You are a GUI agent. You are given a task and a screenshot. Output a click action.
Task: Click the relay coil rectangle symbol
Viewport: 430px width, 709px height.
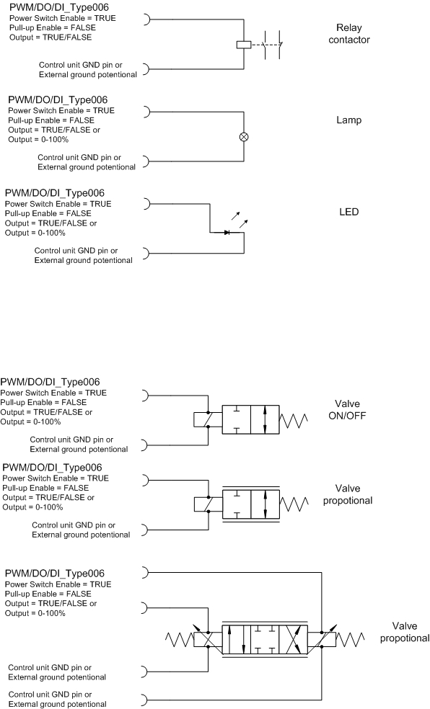[x=244, y=45]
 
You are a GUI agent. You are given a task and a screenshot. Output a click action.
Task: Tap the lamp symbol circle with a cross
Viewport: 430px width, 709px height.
[x=244, y=137]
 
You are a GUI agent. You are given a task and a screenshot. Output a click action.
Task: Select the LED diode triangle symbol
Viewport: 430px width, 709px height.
[x=227, y=233]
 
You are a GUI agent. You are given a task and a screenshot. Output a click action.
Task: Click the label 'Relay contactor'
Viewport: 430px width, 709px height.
[x=349, y=34]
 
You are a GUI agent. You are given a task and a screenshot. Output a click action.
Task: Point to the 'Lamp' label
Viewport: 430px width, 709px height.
[x=349, y=120]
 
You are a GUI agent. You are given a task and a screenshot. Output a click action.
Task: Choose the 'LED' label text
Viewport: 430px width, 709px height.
[x=349, y=212]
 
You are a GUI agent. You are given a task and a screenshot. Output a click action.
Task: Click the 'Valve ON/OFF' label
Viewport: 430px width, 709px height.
[x=347, y=410]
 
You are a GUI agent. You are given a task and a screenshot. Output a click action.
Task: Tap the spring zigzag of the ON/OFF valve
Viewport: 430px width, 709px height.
[x=294, y=420]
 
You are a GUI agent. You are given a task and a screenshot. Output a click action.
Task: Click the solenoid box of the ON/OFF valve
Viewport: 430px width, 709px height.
[x=207, y=419]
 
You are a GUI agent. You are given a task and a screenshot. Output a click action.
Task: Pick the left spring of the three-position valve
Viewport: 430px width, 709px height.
[x=179, y=639]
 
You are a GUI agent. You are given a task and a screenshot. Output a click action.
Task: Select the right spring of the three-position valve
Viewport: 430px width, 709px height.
[x=350, y=639]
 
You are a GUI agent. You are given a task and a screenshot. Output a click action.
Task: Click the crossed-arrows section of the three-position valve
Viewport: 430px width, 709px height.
[x=294, y=639]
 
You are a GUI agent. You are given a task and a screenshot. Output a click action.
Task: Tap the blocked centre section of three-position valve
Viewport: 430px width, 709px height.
[x=265, y=639]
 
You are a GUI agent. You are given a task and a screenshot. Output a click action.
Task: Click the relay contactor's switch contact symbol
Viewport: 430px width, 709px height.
[x=273, y=45]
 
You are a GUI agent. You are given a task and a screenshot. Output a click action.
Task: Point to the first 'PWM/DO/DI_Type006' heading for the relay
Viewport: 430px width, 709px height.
[x=59, y=8]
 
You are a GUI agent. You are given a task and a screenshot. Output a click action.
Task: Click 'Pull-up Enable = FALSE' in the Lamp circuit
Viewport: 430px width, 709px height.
[x=51, y=120]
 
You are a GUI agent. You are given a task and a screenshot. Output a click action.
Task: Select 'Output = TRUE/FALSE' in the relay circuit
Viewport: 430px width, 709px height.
[x=51, y=37]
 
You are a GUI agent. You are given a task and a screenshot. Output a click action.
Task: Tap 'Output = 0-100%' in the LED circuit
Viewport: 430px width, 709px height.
[x=35, y=233]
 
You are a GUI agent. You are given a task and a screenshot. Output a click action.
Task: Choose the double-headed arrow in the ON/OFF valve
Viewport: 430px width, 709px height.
[x=265, y=420]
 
